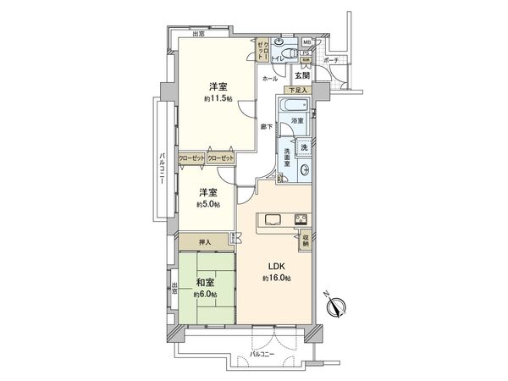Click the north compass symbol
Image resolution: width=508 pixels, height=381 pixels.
[336, 306]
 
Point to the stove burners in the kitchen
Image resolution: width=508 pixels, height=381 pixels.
[301, 221]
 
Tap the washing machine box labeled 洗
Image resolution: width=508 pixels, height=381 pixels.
[303, 146]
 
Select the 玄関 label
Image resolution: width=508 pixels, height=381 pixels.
[302, 75]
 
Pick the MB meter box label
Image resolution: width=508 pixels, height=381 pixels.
[306, 41]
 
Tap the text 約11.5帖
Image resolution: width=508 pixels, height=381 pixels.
[218, 99]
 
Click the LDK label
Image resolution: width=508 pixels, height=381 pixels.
[277, 265]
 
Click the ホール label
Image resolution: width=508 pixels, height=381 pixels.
[270, 78]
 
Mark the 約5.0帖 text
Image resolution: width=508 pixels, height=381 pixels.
[207, 204]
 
